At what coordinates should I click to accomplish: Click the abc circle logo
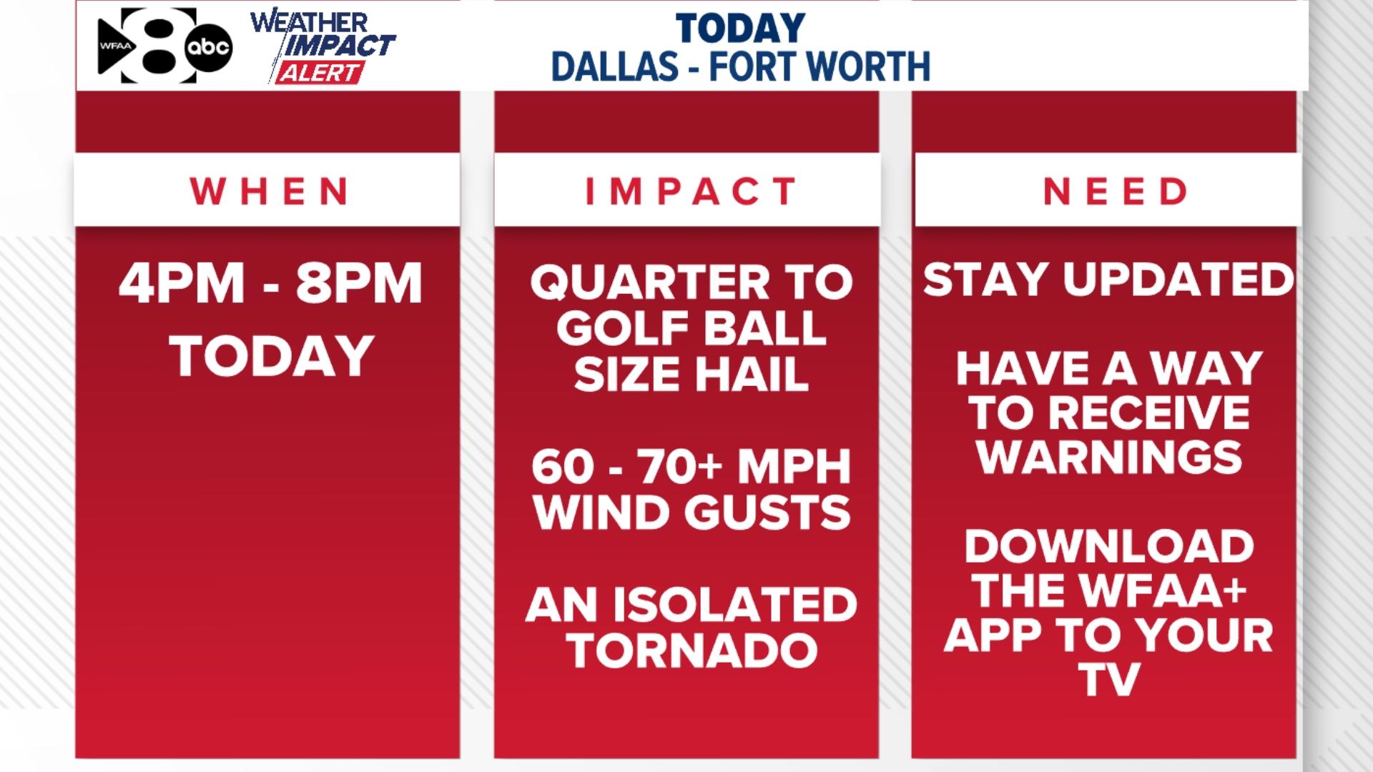click(x=208, y=47)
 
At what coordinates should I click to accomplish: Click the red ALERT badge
click(x=320, y=73)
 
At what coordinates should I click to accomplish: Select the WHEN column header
click(x=269, y=192)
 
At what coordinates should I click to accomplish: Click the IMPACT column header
click(x=691, y=192)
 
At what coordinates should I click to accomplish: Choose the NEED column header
click(x=1115, y=192)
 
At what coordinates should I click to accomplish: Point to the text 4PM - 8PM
click(x=270, y=283)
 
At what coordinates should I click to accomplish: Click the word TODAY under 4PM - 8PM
click(x=272, y=356)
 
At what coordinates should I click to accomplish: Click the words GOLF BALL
click(x=691, y=328)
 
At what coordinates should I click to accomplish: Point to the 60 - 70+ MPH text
click(x=691, y=467)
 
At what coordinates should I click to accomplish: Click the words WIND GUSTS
click(x=691, y=513)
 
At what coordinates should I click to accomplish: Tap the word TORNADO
click(x=691, y=650)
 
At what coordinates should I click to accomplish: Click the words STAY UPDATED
click(x=1108, y=279)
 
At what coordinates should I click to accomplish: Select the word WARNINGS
click(x=1109, y=457)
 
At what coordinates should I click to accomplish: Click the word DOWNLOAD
click(x=1109, y=547)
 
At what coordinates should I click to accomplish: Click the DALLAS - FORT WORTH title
click(x=740, y=66)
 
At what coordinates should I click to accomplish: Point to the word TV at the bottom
click(x=1109, y=679)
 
